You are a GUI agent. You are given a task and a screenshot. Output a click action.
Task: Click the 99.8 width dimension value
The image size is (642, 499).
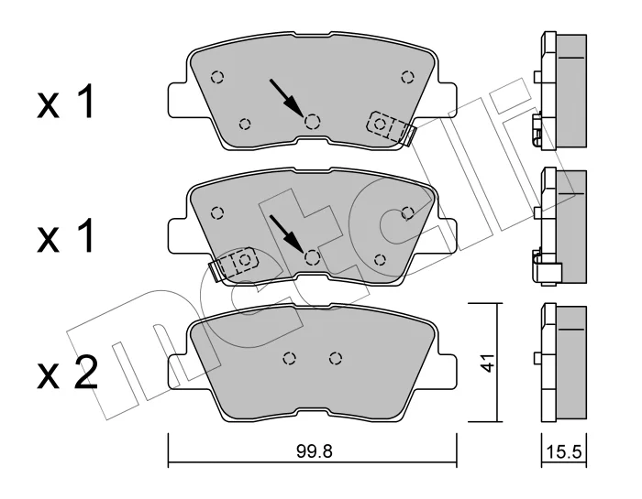(x=314, y=451)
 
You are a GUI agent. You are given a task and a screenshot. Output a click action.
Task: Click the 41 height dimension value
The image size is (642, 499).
(x=487, y=363)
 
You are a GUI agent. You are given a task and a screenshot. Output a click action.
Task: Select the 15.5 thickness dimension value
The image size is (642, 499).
(x=564, y=452)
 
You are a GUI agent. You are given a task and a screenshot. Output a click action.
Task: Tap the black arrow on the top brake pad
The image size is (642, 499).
(x=286, y=96)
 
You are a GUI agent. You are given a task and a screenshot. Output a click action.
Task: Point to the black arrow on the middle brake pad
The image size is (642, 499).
(x=286, y=233)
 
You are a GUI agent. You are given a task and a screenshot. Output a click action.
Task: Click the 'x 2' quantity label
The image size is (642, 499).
(x=68, y=373)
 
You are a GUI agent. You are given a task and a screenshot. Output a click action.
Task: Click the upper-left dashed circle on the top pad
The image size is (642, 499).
(x=217, y=77)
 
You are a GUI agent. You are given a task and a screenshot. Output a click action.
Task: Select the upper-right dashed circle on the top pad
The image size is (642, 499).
(x=407, y=77)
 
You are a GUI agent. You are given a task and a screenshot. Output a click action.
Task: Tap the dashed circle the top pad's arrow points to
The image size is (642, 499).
(x=313, y=121)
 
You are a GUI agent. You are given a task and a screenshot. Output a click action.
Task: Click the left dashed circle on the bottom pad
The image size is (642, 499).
(x=290, y=358)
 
